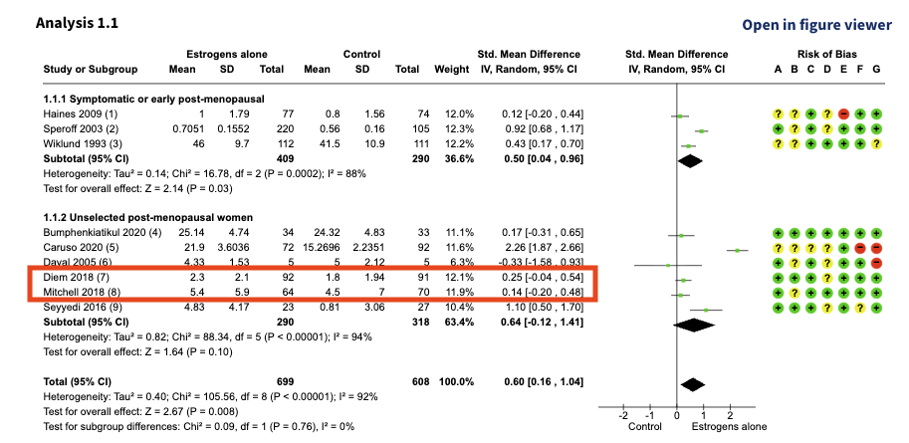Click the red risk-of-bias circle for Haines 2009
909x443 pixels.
coord(843,115)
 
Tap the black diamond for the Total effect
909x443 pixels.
coord(695,383)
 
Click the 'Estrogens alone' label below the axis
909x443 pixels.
coord(729,427)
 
